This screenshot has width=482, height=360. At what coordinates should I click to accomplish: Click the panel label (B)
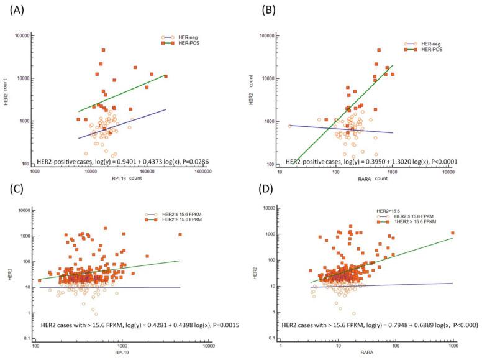point(254,8)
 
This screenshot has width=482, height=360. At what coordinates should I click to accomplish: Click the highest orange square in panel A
point(103,50)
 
